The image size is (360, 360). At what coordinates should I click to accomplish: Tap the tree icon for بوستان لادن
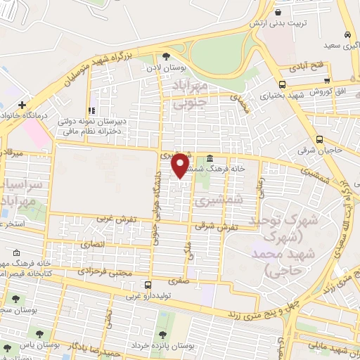point(166,57)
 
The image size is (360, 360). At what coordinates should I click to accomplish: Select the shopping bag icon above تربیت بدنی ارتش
point(278,12)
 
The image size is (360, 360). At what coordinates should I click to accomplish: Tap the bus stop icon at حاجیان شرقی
point(320,139)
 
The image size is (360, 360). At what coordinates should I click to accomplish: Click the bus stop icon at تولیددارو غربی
point(148,285)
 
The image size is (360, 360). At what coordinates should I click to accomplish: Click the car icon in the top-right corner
point(348,34)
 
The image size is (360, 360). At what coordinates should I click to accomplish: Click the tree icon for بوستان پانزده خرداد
point(163,334)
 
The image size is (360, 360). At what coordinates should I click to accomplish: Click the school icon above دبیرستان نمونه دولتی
point(91,110)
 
